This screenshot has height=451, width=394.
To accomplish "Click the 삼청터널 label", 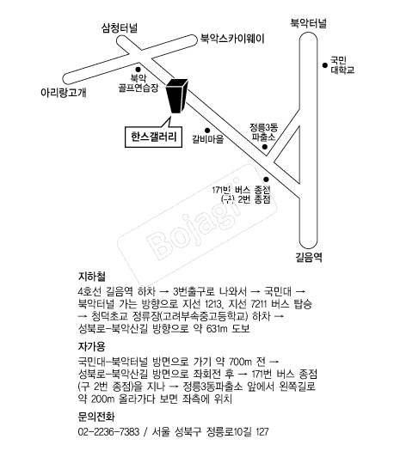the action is click(x=120, y=27).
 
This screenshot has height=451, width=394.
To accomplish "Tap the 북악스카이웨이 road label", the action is click(x=232, y=39).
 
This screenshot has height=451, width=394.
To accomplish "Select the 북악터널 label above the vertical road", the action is click(x=308, y=23).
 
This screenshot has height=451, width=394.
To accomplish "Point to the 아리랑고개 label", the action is click(x=64, y=93).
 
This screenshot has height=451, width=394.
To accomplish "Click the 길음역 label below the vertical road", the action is click(x=309, y=257).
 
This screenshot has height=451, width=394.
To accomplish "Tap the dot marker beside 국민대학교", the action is click(x=325, y=65).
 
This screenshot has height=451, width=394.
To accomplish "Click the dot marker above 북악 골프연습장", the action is click(x=138, y=70).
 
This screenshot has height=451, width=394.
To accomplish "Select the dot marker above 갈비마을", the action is click(x=207, y=131).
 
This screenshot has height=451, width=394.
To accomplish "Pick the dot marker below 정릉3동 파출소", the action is click(x=265, y=147).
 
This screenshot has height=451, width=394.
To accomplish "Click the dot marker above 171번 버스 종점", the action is click(x=266, y=180).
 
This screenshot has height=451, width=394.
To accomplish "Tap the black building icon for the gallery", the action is click(x=177, y=96).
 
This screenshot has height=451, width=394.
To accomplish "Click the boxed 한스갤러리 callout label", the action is click(x=153, y=137).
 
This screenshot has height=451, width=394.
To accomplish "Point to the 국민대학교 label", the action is click(x=342, y=65).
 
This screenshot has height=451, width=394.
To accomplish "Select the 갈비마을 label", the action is click(x=208, y=139).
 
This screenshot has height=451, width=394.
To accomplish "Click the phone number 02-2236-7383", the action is click(x=109, y=432).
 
